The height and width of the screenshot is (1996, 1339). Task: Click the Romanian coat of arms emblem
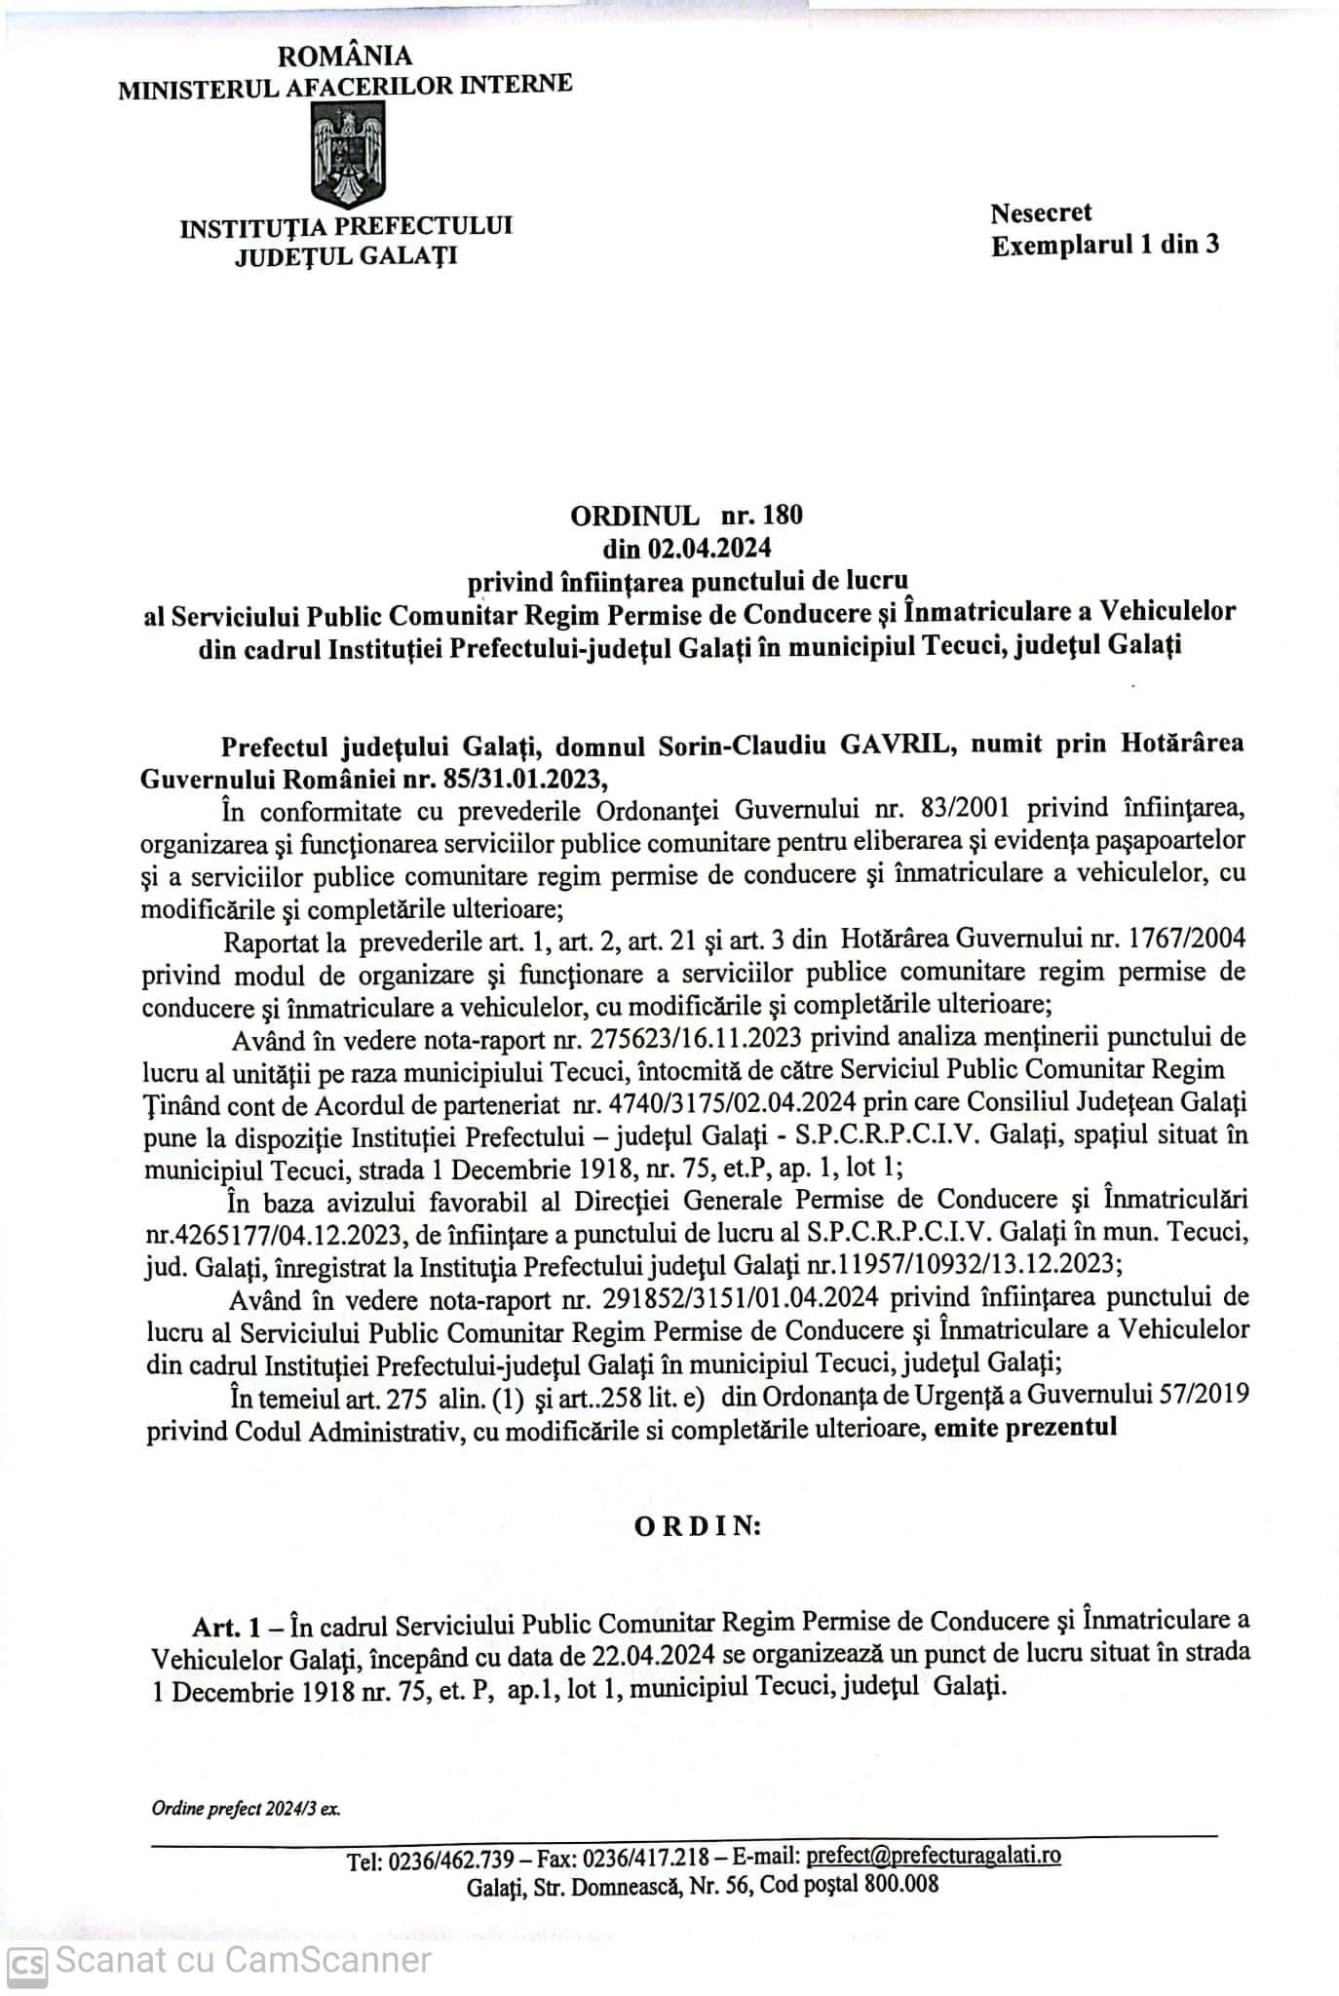click(347, 156)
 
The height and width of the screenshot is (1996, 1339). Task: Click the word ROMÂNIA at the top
click(345, 58)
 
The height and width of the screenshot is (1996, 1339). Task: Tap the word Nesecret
click(1041, 212)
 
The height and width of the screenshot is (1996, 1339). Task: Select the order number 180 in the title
click(784, 515)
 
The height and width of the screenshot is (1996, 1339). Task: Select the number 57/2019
click(1201, 1396)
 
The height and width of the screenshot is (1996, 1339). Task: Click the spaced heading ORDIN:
click(698, 1526)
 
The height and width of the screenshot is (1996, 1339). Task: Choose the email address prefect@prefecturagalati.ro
click(934, 1855)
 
